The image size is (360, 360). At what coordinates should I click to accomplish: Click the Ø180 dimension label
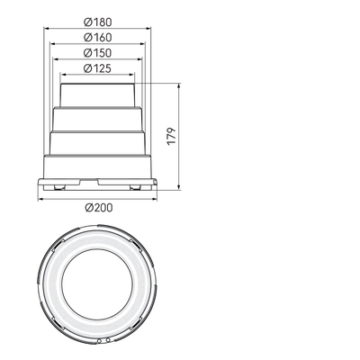coord(97,22)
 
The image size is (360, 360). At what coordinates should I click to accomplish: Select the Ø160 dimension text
coord(97,38)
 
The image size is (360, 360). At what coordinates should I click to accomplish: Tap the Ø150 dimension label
coord(97,53)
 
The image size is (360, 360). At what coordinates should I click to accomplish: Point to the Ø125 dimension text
coord(97,68)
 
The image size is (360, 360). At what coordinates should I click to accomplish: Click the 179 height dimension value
coord(171,137)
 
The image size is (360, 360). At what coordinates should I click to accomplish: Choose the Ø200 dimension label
coord(99,208)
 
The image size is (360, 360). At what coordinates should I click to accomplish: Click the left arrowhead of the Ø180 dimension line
coord(47,29)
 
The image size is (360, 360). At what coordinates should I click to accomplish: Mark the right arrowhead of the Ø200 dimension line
coord(155,199)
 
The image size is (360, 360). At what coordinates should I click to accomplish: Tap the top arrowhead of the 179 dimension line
coord(179,86)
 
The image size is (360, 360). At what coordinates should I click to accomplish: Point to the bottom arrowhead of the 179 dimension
coord(179,187)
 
